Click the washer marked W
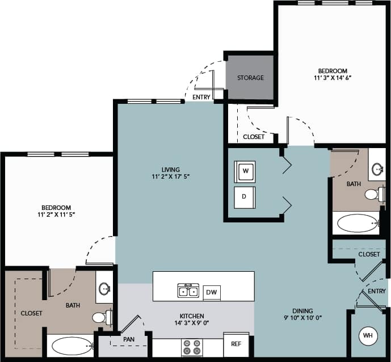245,171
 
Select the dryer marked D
245,197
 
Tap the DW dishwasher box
212,292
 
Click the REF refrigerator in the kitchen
236,344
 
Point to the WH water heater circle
368,336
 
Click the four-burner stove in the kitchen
192,347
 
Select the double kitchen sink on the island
188,291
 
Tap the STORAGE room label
250,78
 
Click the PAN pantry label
129,339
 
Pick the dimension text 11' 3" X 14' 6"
333,79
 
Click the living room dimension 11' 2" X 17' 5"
170,177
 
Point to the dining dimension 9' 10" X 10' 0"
303,318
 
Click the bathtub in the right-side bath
357,223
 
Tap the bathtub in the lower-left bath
72,346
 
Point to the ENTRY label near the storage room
201,97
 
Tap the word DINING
303,311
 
